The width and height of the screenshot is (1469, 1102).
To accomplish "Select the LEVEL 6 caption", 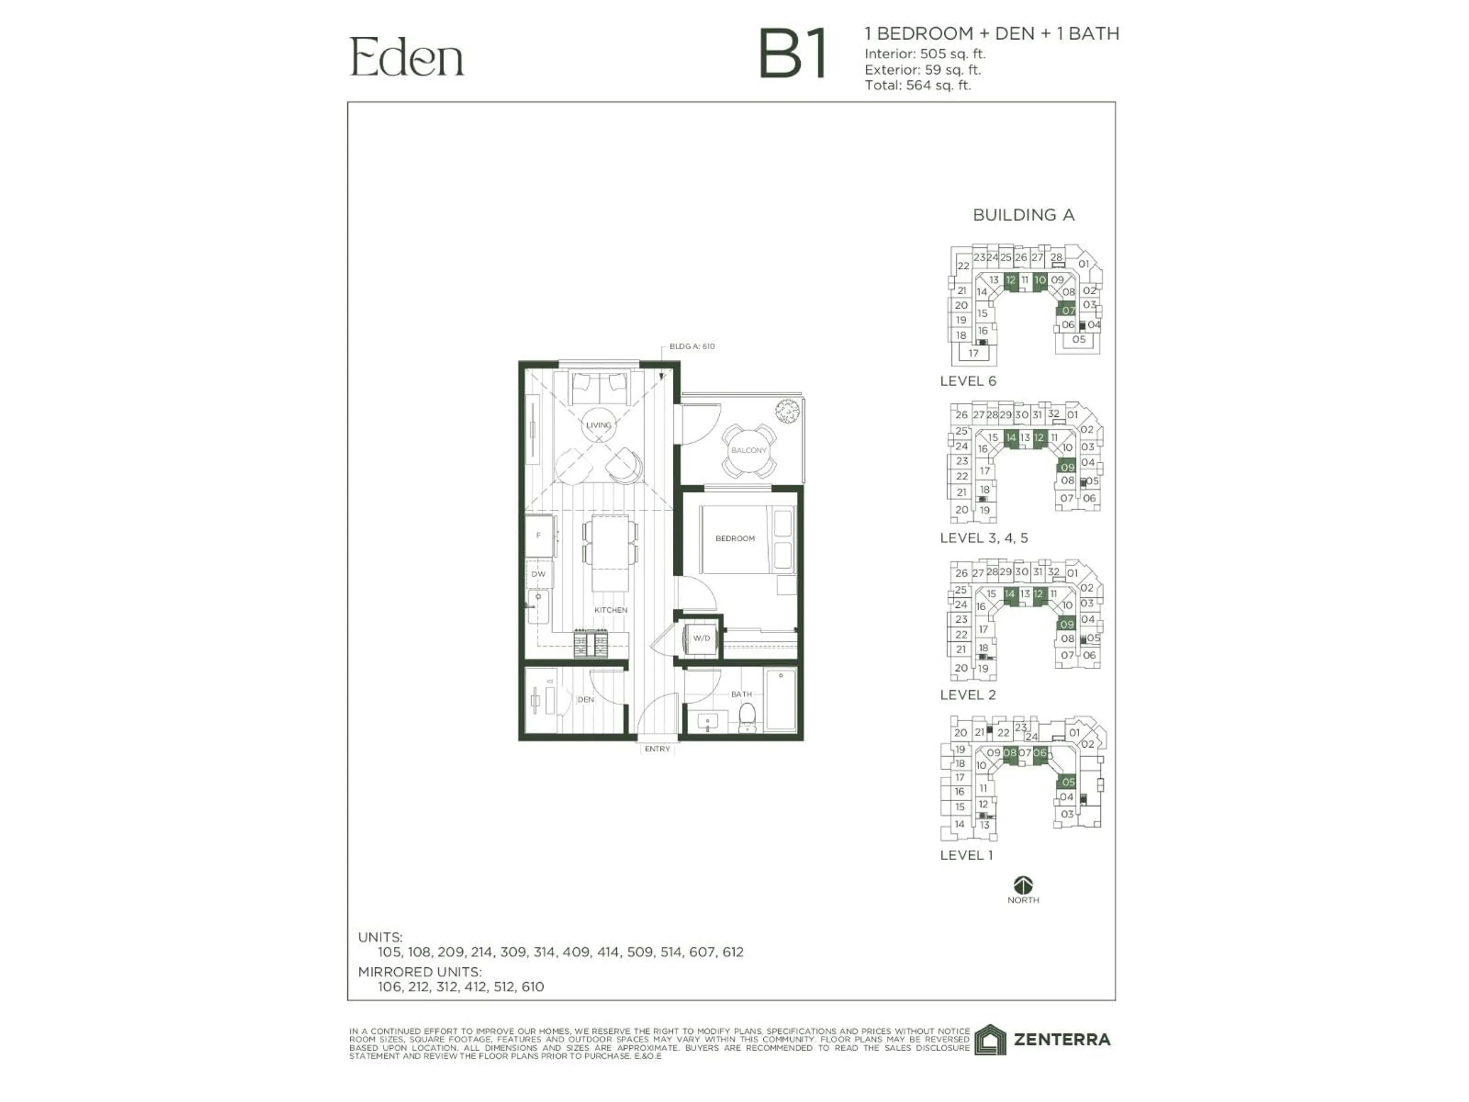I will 967,381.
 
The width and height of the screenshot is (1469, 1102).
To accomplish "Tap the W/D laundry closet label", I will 701,638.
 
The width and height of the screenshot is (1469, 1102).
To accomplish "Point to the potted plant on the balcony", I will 787,412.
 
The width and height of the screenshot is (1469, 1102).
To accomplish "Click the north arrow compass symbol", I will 1023,885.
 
